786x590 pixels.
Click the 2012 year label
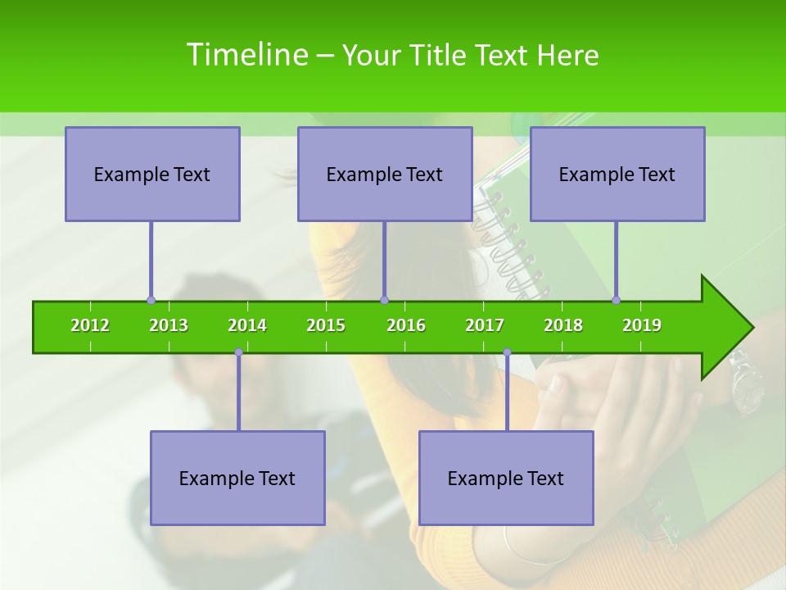pos(90,325)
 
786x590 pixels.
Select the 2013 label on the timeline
pos(169,325)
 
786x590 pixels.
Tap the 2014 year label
pos(247,325)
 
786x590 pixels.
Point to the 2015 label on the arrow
pos(326,325)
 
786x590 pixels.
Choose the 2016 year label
pos(406,325)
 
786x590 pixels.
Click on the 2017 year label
pos(485,325)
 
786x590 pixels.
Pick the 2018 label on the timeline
pos(563,325)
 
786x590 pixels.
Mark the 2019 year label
pos(642,325)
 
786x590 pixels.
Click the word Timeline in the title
pos(246,55)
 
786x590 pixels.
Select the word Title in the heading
pos(440,56)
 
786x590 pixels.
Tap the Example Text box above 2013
pos(152,174)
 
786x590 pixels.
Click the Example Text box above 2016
pos(385,174)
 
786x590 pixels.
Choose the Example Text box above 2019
pos(617,174)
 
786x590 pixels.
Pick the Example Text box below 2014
pos(237,478)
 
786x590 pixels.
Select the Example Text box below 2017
pos(506,478)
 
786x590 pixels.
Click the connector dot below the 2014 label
pos(238,352)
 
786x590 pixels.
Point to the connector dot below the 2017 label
pos(507,352)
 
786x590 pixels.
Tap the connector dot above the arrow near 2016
pos(384,300)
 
